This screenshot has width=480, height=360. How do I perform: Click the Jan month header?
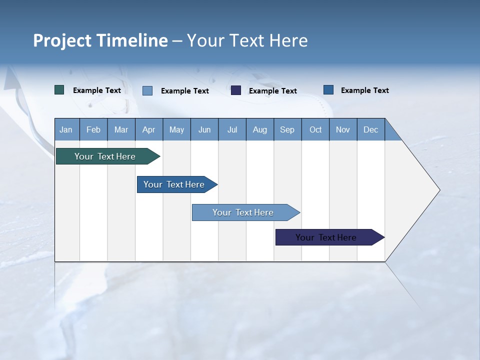[x=66, y=129]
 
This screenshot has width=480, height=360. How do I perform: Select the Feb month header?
[x=93, y=129]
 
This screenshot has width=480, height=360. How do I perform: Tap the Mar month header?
[x=121, y=129]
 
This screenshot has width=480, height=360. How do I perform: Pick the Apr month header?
[x=149, y=129]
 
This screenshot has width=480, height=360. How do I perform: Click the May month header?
[x=176, y=129]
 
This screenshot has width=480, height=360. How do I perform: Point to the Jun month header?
[x=204, y=129]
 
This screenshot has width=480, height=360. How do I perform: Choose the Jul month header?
[x=232, y=129]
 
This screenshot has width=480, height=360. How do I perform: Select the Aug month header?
[x=260, y=129]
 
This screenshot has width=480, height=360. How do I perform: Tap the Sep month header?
[x=287, y=129]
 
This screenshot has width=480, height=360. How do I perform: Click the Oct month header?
[x=315, y=129]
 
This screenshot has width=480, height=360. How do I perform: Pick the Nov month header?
[x=343, y=129]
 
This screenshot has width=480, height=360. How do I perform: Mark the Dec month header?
[x=371, y=129]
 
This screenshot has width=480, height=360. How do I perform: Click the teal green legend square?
[x=59, y=90]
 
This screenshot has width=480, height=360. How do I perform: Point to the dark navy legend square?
[x=236, y=90]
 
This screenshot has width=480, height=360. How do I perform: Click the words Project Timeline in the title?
[x=100, y=40]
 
